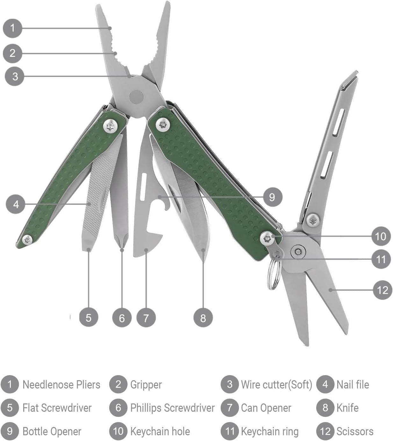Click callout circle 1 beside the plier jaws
(12, 28)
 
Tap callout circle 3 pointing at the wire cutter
(15, 76)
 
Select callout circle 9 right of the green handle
(272, 197)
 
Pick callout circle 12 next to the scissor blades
(382, 290)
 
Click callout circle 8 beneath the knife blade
(203, 318)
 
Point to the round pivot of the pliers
(136, 96)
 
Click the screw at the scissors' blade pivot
(298, 252)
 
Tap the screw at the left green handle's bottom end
(27, 240)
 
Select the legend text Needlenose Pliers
(61, 385)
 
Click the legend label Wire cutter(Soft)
(276, 385)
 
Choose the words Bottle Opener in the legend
(52, 431)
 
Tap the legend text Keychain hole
(160, 431)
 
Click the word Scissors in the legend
(355, 431)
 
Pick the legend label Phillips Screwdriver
(172, 408)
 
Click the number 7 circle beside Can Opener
(229, 408)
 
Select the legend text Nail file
(353, 385)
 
